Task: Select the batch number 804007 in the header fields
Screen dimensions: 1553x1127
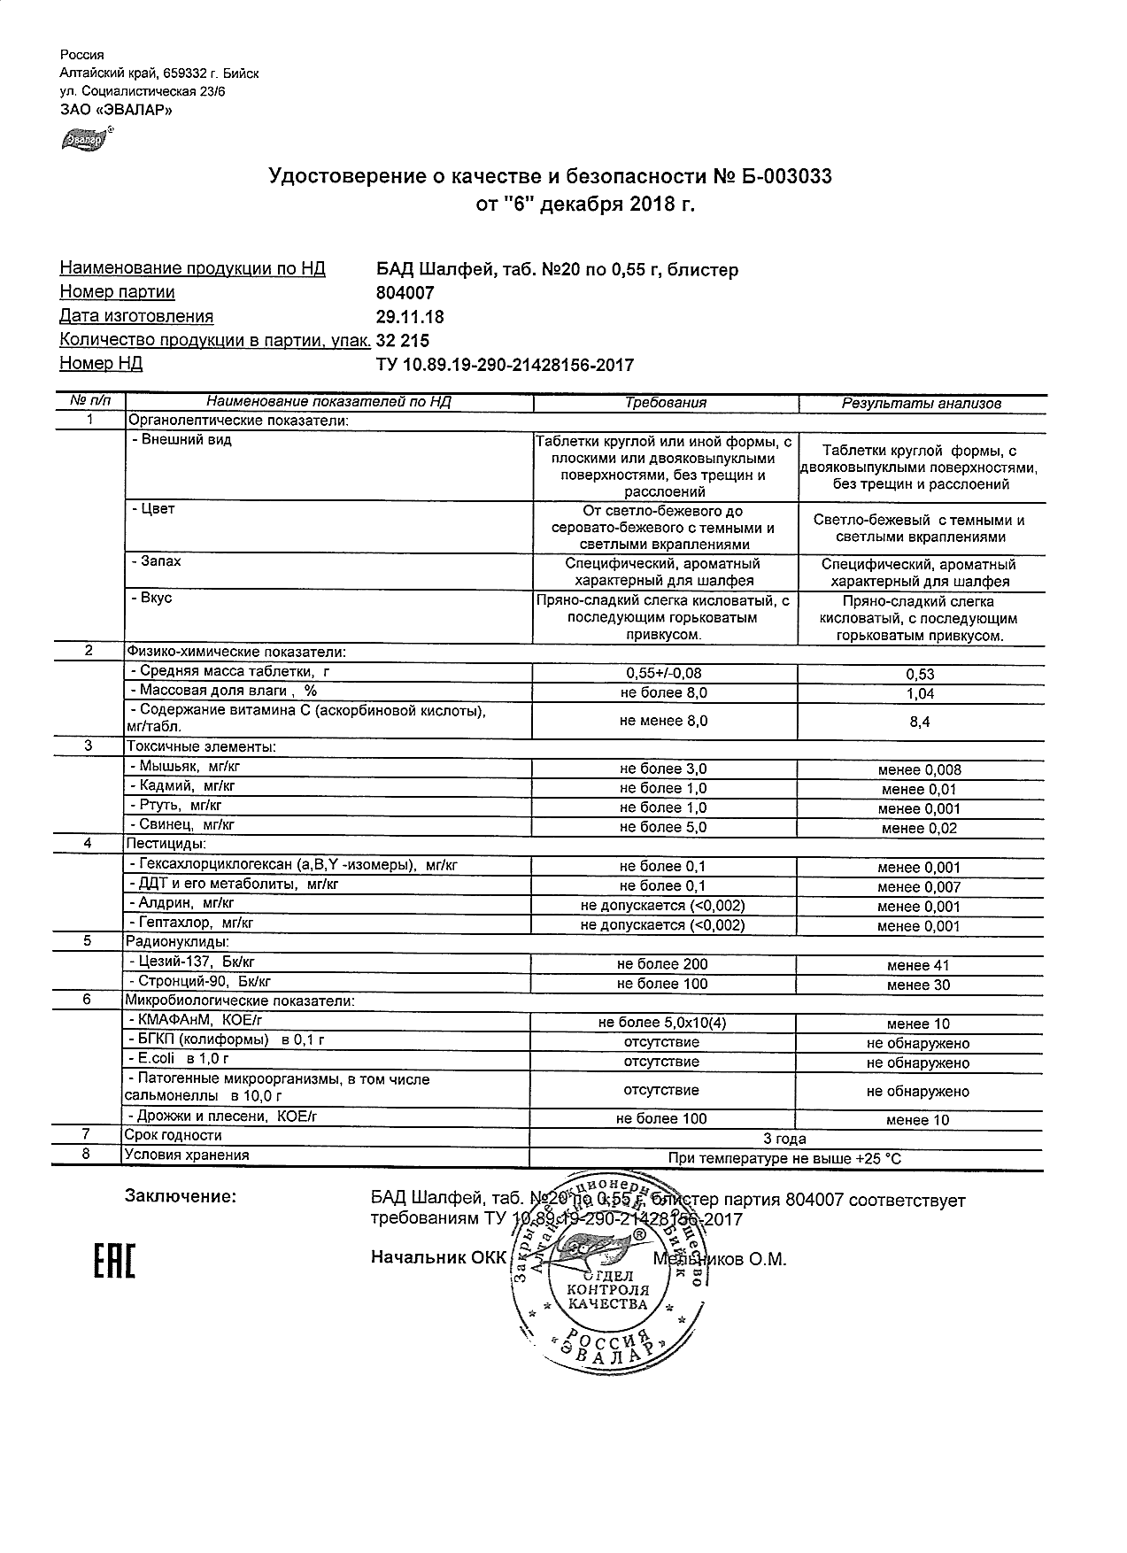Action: pos(405,293)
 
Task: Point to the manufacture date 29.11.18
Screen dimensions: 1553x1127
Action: pos(410,317)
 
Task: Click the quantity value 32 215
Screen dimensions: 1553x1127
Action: pos(403,341)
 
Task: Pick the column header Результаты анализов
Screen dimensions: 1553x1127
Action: pos(921,404)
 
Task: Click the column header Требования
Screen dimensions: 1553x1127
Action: pos(665,403)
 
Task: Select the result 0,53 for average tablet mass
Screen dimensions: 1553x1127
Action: pos(921,675)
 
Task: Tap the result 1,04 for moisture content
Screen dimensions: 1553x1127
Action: pos(921,694)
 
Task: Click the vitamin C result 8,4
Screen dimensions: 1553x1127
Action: pos(921,722)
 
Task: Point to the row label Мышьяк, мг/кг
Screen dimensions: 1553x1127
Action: pos(181,767)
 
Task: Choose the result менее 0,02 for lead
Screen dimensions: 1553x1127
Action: pos(920,829)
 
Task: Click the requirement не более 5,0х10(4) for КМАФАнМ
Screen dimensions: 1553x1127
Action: pos(663,1023)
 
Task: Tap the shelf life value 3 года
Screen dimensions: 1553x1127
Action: pos(784,1139)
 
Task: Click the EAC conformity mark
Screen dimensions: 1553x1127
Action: pos(114,1262)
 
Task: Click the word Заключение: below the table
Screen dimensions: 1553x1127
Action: pos(181,1197)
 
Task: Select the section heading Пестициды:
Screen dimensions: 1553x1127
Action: pos(166,844)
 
